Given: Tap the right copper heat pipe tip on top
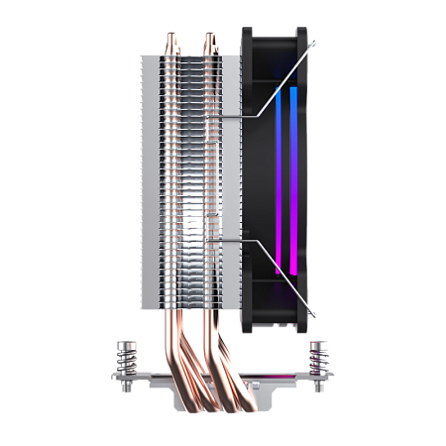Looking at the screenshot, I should click(x=210, y=39).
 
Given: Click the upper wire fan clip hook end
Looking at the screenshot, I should click(x=313, y=46).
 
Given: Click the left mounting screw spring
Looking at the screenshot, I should click(x=126, y=358).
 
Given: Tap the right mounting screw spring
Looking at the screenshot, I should click(x=318, y=358).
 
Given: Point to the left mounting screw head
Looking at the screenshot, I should click(x=126, y=344).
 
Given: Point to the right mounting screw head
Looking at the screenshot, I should click(x=318, y=344).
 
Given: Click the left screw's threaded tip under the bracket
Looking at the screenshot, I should click(x=126, y=390).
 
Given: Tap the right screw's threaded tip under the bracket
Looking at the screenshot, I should click(x=318, y=390).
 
